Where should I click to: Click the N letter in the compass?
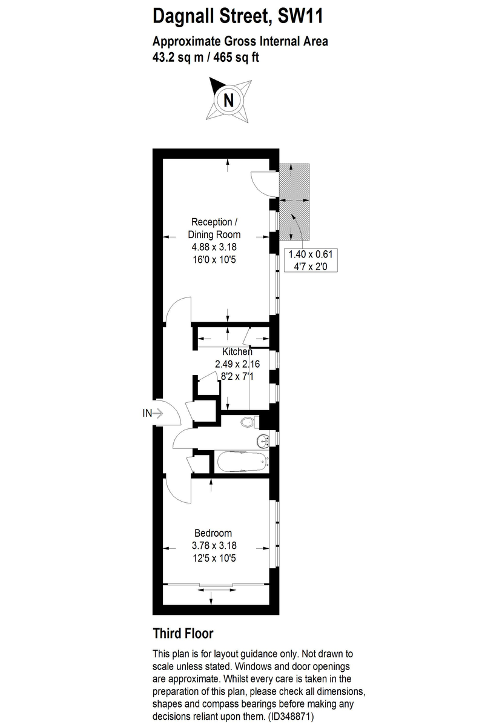(228, 99)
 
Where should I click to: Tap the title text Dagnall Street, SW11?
(238, 16)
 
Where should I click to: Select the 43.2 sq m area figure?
(179, 58)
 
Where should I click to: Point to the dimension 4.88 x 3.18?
(214, 247)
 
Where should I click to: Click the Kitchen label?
(237, 351)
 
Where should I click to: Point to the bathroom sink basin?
(262, 440)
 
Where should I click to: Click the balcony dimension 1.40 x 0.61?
(312, 254)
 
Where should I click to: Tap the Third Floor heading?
(183, 634)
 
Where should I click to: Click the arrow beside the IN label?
(159, 413)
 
